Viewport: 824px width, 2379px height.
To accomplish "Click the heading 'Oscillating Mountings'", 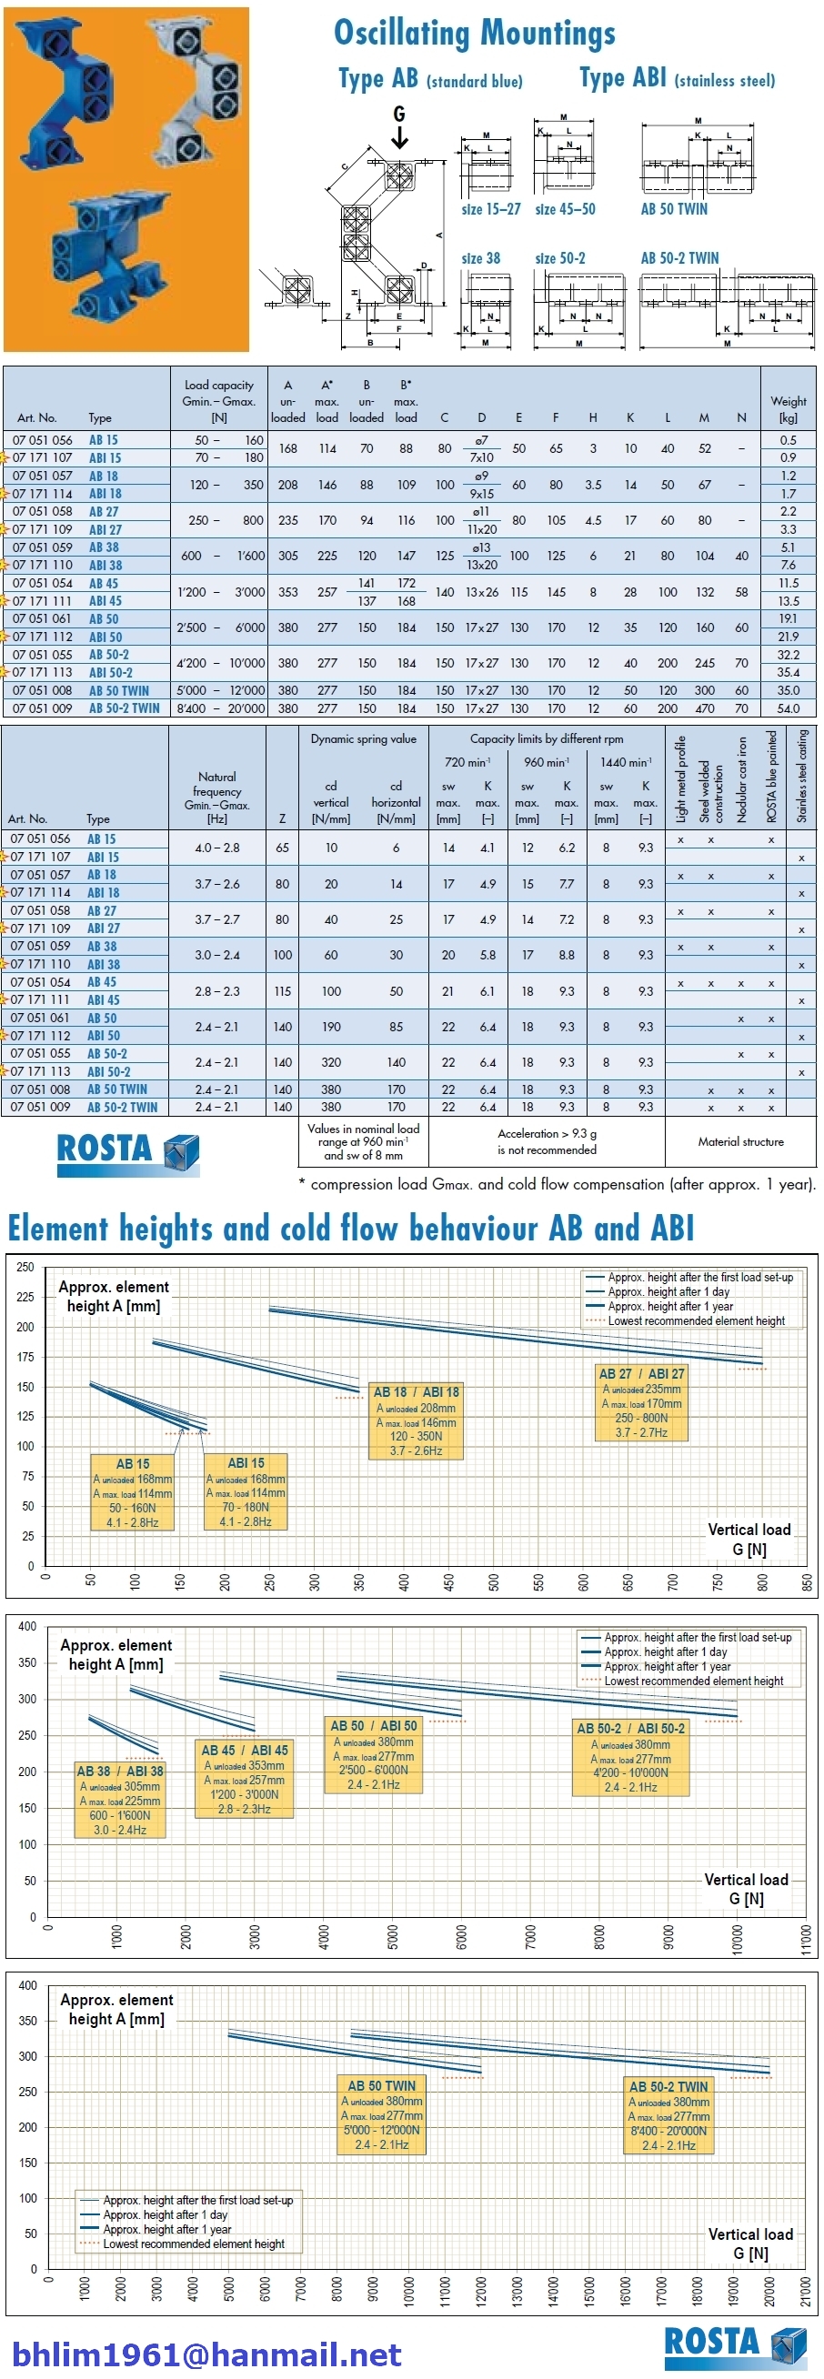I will (x=474, y=34).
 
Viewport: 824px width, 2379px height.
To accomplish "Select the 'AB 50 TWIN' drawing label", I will (x=674, y=210).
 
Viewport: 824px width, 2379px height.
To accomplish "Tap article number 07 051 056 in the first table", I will (x=43, y=440).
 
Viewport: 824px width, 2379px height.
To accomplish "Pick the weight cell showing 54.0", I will (x=788, y=708).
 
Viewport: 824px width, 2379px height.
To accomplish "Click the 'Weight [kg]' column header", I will (x=788, y=409).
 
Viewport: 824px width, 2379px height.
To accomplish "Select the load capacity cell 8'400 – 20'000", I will (x=221, y=708).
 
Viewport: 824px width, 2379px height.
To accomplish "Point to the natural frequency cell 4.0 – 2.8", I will (x=217, y=848).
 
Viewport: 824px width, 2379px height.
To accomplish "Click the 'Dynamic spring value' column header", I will (x=363, y=738).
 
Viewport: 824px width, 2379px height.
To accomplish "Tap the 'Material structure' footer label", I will (x=740, y=1141).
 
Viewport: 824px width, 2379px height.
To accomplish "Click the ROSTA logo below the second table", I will (x=128, y=1151).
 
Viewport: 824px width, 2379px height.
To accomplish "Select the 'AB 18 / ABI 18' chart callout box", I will (x=416, y=1420).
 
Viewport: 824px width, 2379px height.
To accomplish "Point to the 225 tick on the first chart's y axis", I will (x=25, y=1297).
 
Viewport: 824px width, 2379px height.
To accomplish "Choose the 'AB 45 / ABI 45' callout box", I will (x=245, y=1779).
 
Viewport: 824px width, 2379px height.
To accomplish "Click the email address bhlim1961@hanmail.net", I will (x=207, y=2354).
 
